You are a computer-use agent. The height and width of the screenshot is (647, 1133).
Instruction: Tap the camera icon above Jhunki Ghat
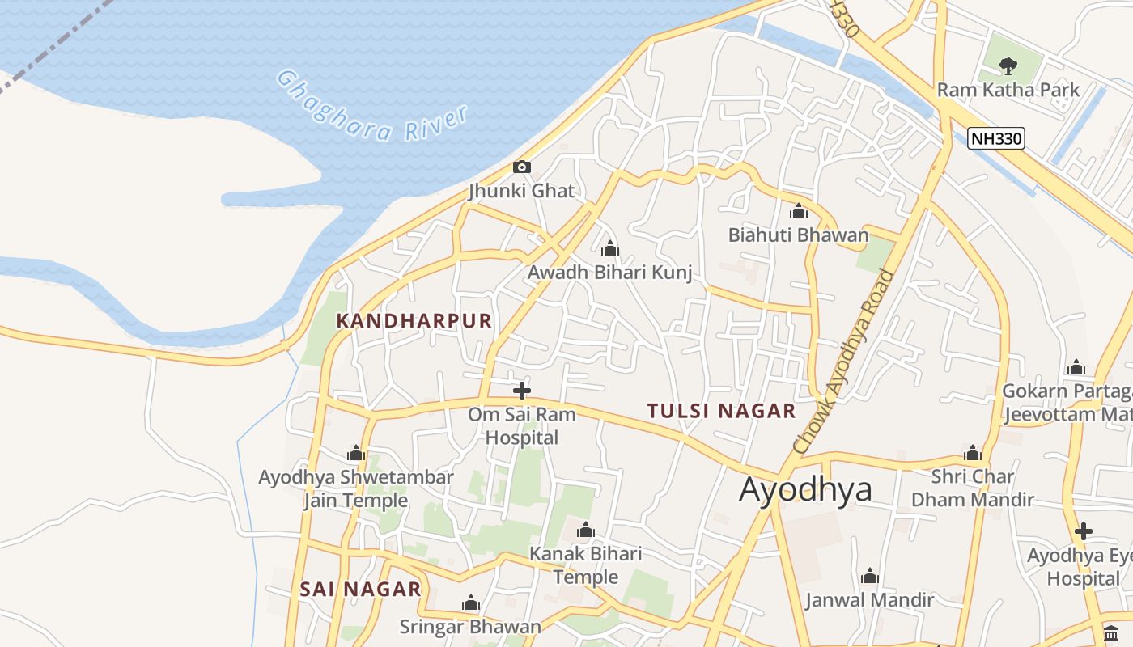[x=522, y=167]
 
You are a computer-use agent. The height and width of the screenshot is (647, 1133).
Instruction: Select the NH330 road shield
[x=996, y=138]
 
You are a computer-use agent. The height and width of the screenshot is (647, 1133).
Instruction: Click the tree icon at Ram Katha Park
[x=1008, y=66]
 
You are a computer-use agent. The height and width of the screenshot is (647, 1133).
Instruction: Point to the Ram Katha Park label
[x=1008, y=90]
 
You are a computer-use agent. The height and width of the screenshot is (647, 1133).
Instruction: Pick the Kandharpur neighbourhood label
[x=414, y=321]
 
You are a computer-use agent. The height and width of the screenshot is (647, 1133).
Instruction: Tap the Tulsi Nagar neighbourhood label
[x=722, y=411]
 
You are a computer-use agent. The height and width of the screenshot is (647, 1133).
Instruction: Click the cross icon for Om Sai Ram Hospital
[x=522, y=391]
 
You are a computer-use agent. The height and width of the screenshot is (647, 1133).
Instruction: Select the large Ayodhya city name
[x=806, y=490]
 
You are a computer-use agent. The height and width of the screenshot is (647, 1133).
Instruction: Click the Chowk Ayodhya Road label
[x=844, y=361]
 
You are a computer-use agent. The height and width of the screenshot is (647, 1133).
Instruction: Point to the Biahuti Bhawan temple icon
[x=799, y=212]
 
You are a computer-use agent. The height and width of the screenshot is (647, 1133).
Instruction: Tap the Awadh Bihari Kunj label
[x=610, y=273]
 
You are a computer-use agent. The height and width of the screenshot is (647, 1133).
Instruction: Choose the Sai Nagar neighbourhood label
[x=361, y=590]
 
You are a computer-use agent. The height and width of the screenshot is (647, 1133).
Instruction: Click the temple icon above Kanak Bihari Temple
[x=585, y=531]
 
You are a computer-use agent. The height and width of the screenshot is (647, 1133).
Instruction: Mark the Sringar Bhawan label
[x=470, y=627]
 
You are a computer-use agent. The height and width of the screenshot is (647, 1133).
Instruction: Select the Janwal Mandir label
[x=870, y=600]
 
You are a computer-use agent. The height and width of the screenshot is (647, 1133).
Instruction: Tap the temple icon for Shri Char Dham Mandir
[x=973, y=453]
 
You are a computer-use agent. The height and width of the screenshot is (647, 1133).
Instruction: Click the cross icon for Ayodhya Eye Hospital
[x=1084, y=531]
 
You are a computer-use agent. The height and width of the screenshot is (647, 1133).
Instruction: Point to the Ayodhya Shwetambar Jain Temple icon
[x=356, y=454]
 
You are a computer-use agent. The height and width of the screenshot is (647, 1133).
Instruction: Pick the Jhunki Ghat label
[x=522, y=192]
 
